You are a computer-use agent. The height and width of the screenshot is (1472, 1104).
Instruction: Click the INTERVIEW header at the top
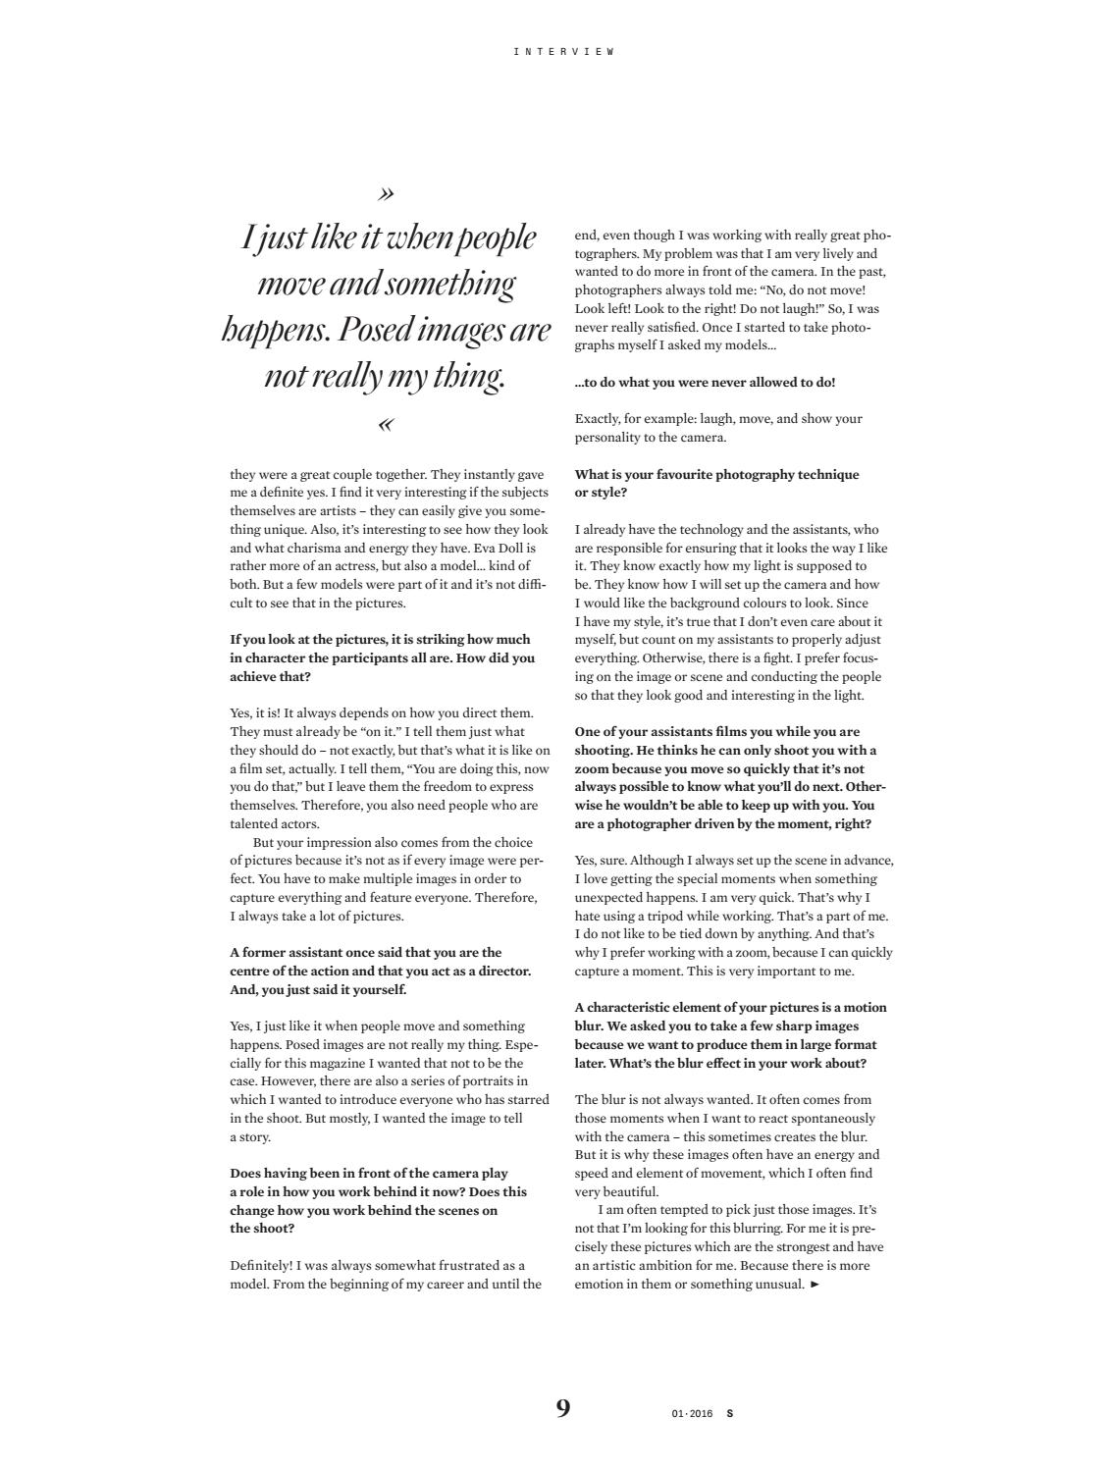point(563,51)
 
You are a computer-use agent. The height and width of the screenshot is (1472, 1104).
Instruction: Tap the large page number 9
point(562,1409)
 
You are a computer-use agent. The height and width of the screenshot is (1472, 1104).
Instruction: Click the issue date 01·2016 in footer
point(692,1414)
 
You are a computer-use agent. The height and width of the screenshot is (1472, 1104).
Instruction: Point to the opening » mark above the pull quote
point(386,192)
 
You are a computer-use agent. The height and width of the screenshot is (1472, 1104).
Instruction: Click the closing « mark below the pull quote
point(386,425)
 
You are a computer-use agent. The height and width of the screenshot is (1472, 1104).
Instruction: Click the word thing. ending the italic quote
point(469,376)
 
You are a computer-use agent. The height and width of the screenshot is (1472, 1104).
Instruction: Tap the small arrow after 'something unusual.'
point(815,1284)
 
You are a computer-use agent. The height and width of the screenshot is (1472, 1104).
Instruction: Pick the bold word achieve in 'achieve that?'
point(255,676)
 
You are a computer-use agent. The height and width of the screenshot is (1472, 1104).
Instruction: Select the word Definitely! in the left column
point(261,1265)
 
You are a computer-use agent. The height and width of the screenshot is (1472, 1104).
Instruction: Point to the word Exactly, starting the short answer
point(600,418)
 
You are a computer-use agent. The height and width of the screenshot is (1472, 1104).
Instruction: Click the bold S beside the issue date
point(729,1414)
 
